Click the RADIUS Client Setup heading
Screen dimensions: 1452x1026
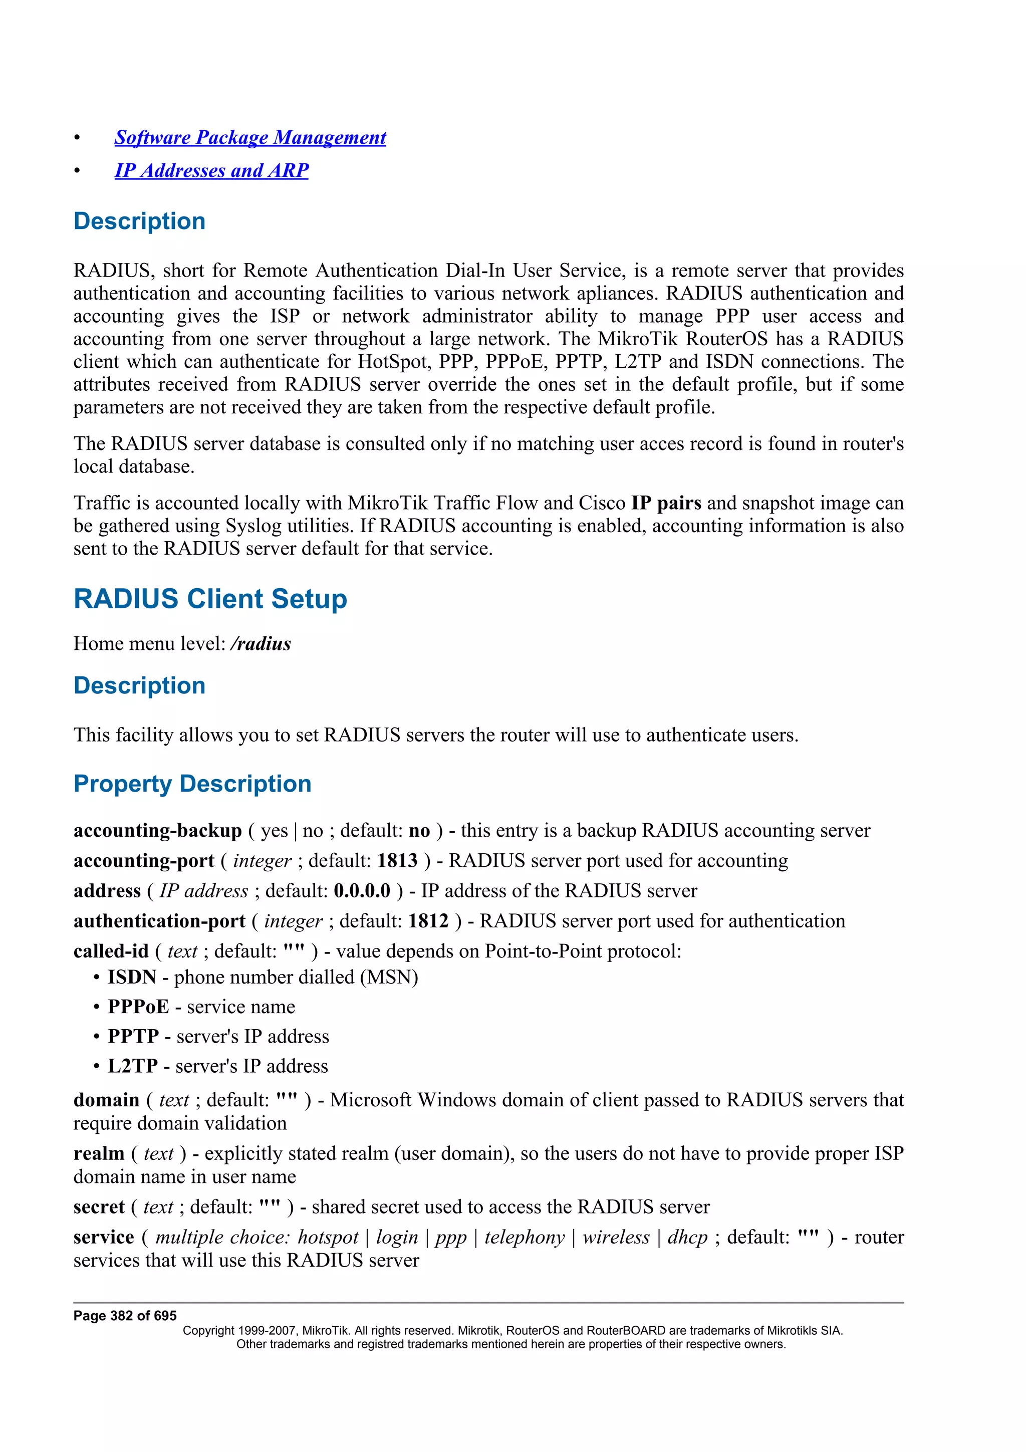coord(210,598)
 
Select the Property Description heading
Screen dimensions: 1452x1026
coord(192,784)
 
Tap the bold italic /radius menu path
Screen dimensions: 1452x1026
coord(261,644)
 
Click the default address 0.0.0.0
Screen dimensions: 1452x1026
coord(362,890)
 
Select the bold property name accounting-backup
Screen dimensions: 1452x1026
coord(157,830)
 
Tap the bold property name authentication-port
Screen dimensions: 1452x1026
coord(159,921)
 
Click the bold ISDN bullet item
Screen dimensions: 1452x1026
coord(131,977)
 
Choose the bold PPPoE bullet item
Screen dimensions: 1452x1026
coord(138,1006)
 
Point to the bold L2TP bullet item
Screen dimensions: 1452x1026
coord(133,1066)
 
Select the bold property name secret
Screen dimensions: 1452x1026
coord(99,1206)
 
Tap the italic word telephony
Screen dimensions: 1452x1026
coord(524,1237)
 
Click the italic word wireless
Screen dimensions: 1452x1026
coord(616,1237)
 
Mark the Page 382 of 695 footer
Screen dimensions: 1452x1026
coord(125,1315)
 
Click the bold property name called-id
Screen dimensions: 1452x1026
coord(111,951)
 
